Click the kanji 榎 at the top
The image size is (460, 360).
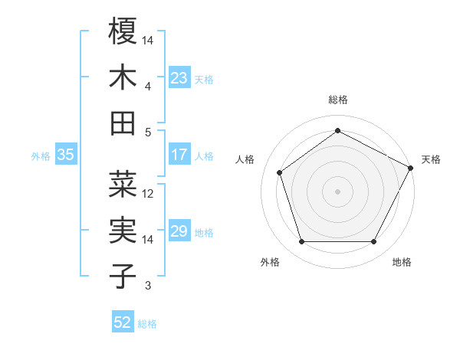(123, 31)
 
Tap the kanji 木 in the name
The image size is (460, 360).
(123, 77)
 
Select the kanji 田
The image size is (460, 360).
(123, 123)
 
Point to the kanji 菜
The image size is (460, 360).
(123, 185)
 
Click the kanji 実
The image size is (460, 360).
(123, 231)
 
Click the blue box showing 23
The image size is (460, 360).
(179, 77)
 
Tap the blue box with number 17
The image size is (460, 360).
(179, 155)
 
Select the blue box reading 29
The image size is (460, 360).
(179, 231)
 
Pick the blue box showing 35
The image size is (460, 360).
(66, 155)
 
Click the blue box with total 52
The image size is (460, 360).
(123, 322)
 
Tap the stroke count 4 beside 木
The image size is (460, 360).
(148, 87)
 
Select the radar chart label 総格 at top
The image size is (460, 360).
(338, 100)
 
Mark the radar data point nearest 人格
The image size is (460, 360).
(280, 172)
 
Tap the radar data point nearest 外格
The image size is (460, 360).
(301, 242)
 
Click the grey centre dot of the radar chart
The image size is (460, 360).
(338, 191)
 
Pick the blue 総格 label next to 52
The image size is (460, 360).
(147, 324)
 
